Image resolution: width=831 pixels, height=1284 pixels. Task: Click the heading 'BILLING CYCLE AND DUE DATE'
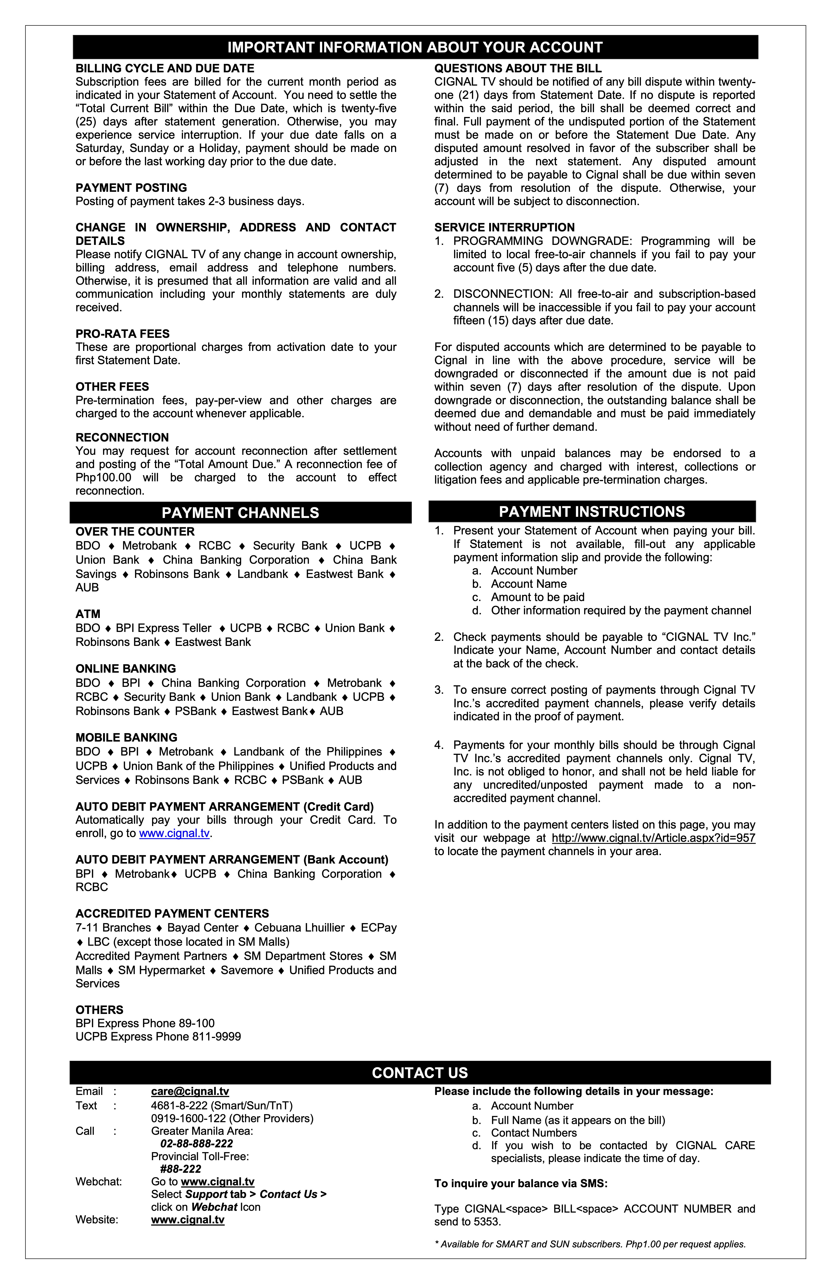pyautogui.click(x=165, y=68)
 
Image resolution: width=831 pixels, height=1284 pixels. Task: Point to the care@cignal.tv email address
pyautogui.click(x=190, y=1092)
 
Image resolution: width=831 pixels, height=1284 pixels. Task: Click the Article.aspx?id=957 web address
pyautogui.click(x=653, y=838)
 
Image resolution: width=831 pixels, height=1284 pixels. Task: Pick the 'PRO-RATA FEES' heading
pyautogui.click(x=123, y=334)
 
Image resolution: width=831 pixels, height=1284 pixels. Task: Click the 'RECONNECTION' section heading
pyautogui.click(x=122, y=437)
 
